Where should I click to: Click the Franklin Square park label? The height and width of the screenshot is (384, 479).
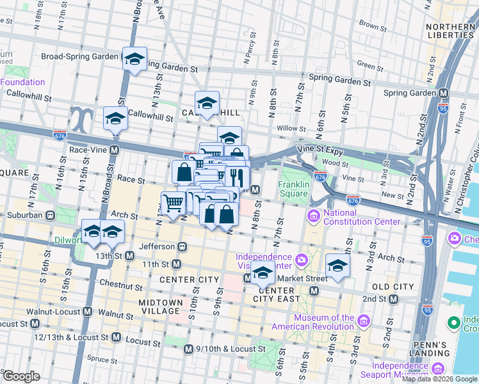(293, 189)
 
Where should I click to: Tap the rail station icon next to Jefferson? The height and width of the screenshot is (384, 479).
(183, 246)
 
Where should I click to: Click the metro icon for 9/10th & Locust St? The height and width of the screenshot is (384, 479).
(188, 349)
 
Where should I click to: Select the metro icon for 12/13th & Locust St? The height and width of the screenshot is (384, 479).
(116, 337)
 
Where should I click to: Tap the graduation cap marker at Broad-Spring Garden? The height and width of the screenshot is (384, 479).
(134, 59)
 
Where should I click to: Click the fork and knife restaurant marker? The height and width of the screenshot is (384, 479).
(236, 176)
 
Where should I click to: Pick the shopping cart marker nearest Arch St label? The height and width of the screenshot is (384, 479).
(173, 204)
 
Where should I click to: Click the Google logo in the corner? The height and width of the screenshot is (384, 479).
(21, 376)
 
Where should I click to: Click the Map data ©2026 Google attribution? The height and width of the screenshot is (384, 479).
(440, 379)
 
